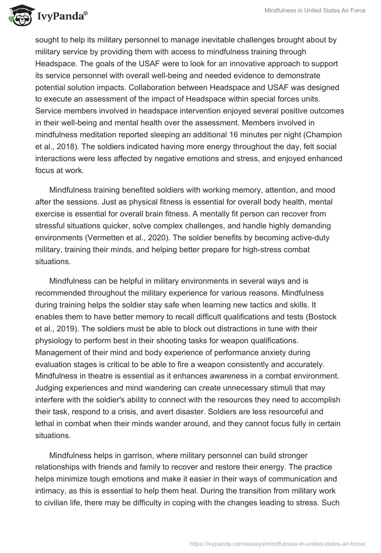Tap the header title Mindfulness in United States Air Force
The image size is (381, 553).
point(315,10)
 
